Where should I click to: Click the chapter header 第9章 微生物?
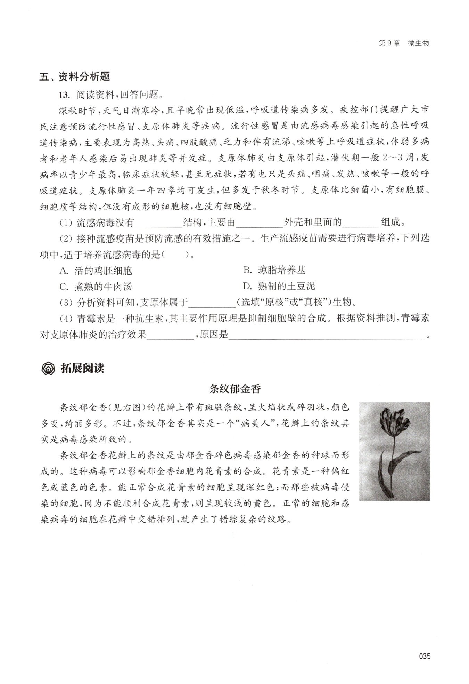click(x=403, y=43)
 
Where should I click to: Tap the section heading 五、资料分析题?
click(x=75, y=77)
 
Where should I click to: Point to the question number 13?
click(x=65, y=94)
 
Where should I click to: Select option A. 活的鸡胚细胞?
click(x=96, y=271)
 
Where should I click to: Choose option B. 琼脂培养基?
click(x=274, y=271)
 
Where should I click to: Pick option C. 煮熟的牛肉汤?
click(x=96, y=287)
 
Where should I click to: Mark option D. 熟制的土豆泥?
click(x=279, y=287)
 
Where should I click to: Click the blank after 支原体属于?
click(x=212, y=303)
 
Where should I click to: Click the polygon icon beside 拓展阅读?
click(x=47, y=369)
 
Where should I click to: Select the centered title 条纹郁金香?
click(x=234, y=389)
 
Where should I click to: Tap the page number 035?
click(x=425, y=656)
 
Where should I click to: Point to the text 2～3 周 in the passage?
click(x=398, y=158)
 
